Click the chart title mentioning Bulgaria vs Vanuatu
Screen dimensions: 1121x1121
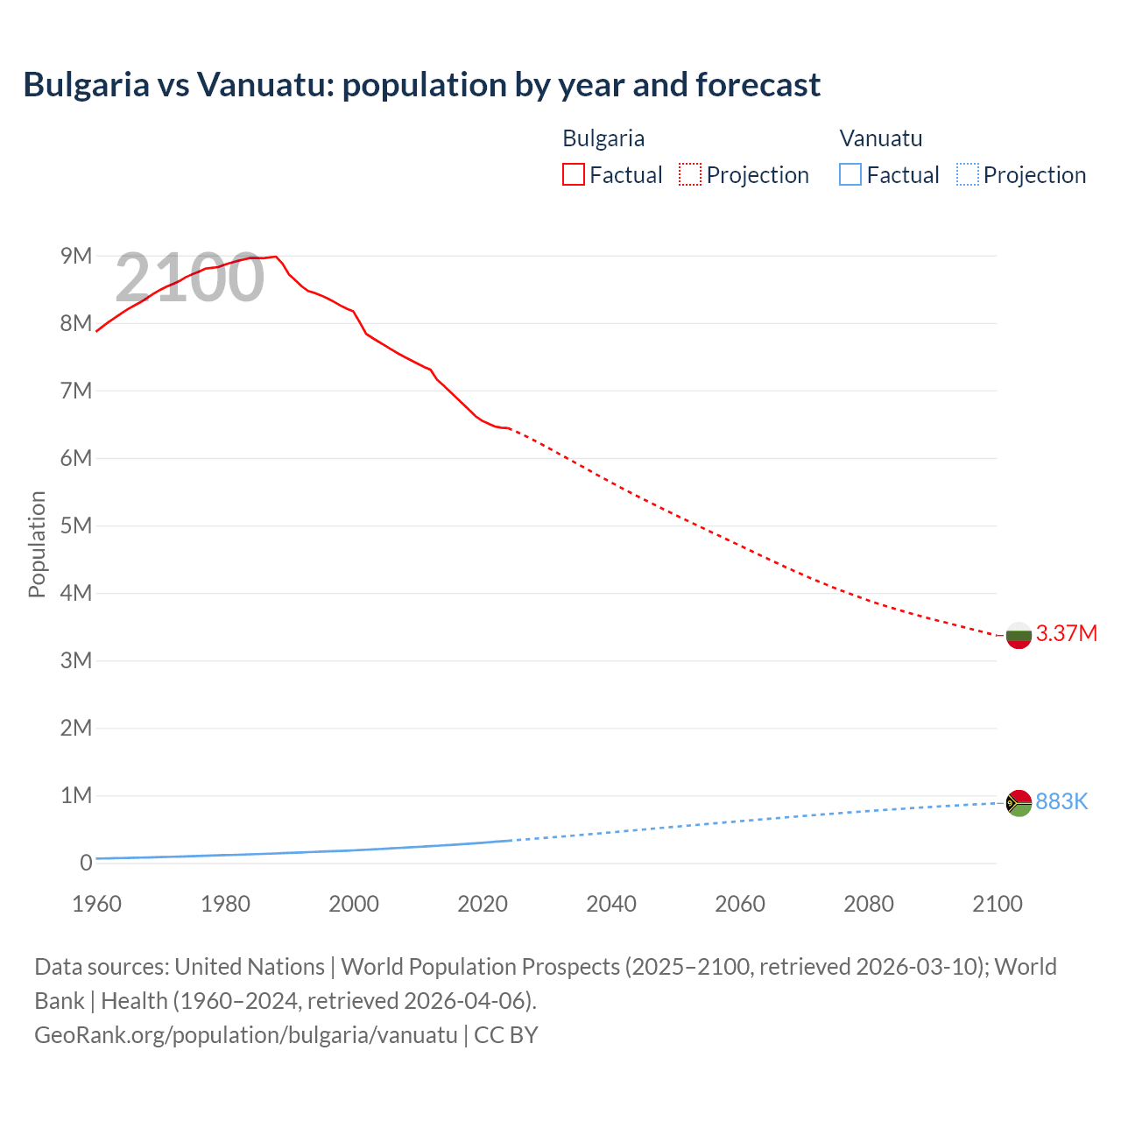421,85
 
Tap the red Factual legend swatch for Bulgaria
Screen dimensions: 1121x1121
573,174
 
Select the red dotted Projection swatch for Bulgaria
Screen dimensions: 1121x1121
690,174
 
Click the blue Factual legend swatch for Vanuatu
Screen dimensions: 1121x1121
850,174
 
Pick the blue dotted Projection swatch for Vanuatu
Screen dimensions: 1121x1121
967,174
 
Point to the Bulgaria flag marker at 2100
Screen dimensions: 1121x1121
1019,635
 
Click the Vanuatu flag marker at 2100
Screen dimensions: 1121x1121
1019,802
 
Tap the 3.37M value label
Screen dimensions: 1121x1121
1066,633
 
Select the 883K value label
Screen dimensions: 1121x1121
1061,801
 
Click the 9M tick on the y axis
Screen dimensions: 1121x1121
76,256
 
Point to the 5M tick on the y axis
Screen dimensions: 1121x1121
76,525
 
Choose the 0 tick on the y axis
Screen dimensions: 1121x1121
86,863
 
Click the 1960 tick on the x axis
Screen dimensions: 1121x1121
96,904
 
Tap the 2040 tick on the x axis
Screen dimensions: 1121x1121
611,904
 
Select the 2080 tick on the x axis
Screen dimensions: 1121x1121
869,904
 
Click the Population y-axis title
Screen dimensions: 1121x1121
37,544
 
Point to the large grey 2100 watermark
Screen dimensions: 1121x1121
189,278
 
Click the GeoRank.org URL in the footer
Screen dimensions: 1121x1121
245,1034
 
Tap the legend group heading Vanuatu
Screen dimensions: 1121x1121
880,138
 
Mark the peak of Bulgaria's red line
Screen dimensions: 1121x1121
276,257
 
